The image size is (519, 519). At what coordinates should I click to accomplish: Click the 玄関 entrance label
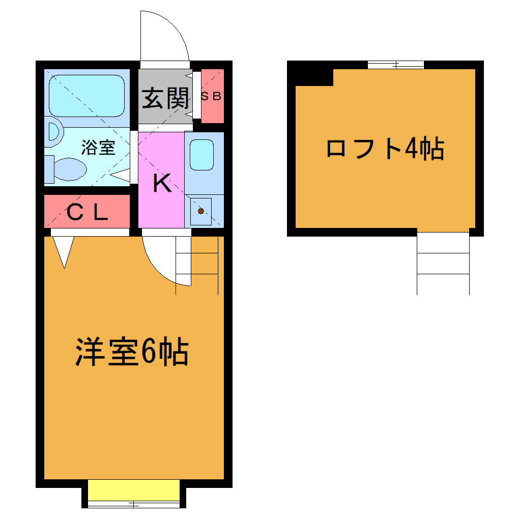click(165, 98)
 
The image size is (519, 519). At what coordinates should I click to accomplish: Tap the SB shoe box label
click(211, 96)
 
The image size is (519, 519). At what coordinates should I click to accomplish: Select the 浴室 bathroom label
click(99, 148)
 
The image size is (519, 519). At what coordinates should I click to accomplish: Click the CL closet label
click(87, 213)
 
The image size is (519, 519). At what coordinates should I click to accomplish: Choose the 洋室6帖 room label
click(132, 352)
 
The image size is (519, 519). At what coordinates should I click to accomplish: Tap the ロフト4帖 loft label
click(385, 150)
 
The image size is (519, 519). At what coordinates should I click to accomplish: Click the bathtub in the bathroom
click(86, 96)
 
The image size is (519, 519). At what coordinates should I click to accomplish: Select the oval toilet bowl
click(69, 168)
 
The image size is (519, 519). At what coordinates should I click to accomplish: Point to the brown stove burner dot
click(200, 211)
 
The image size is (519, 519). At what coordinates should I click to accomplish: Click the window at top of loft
click(395, 65)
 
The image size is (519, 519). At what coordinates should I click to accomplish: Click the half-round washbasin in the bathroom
click(53, 133)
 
